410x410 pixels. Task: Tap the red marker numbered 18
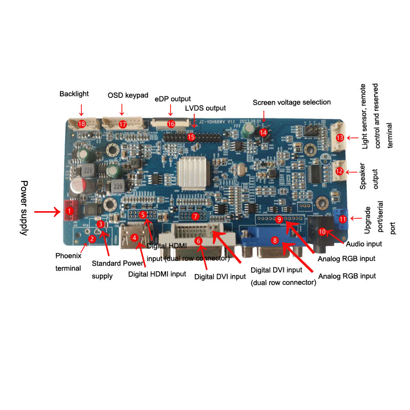81,124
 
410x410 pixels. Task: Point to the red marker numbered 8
275,240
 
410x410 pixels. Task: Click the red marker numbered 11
342,219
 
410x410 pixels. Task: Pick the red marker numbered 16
171,124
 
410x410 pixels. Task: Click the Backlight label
74,94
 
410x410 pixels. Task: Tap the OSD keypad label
128,95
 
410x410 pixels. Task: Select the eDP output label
173,98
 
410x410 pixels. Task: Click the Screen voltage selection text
292,102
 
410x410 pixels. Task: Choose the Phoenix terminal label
68,261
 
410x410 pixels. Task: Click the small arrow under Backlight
81,108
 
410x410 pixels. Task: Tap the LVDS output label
205,108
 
